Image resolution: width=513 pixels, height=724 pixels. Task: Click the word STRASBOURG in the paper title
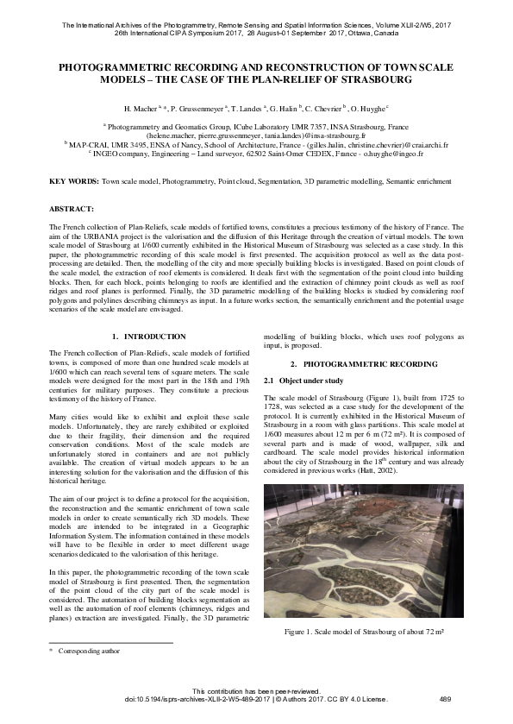[x=372, y=80]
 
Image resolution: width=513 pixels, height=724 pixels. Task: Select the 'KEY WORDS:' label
[x=73, y=183]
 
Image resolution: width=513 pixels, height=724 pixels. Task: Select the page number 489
[x=446, y=699]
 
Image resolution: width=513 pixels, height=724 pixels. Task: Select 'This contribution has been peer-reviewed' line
[x=256, y=690]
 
